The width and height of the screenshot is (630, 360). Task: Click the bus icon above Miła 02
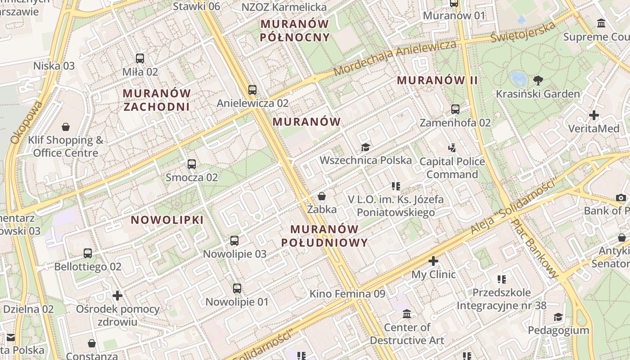140,58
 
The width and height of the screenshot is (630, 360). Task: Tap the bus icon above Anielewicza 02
252,90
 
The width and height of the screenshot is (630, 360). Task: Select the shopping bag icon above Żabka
322,196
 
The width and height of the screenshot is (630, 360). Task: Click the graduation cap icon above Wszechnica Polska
365,147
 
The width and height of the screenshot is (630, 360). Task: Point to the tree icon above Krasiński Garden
538,81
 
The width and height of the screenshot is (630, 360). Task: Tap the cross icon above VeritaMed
594,115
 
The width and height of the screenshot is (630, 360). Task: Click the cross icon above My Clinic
433,261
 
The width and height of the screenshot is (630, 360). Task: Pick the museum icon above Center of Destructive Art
407,314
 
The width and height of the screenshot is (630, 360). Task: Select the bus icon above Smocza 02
192,164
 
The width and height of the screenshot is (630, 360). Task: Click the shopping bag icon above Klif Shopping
66,127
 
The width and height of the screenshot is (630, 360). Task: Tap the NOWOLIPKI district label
167,220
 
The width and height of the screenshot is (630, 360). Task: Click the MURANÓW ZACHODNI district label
156,100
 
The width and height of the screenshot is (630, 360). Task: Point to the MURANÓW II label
437,81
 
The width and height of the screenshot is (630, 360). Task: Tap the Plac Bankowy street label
536,242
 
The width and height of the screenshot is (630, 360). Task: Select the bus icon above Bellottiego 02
88,253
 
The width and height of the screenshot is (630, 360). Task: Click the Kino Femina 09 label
347,294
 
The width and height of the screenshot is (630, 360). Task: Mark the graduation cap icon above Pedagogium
558,317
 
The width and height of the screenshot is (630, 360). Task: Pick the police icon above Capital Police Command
452,148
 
